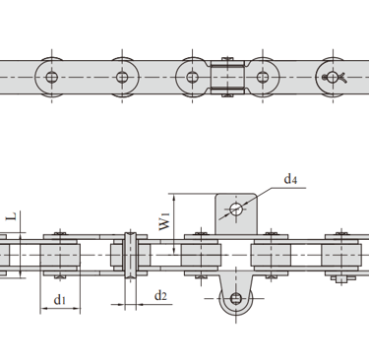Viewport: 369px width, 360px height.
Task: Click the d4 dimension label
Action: tap(290, 180)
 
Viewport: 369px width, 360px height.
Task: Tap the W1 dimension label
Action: tap(164, 221)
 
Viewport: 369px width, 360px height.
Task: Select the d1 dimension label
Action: tap(60, 299)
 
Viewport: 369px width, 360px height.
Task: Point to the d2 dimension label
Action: tap(160, 296)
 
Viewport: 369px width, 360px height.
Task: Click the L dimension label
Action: tap(12, 216)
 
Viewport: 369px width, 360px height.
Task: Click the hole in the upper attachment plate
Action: tap(236, 209)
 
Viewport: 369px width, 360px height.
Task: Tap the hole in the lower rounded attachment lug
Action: tap(236, 298)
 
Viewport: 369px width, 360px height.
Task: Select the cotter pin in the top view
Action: tap(335, 78)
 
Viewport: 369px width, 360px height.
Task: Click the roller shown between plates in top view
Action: tap(227, 78)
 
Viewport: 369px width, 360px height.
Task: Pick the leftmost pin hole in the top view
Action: tap(51, 78)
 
